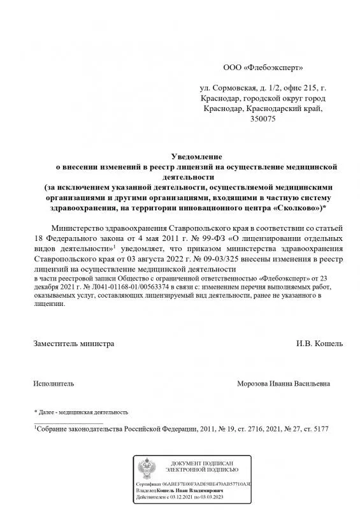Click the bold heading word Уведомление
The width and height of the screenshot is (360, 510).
198,156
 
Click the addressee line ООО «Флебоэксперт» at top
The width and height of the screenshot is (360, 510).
263,66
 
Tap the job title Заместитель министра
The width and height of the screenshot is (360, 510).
74,344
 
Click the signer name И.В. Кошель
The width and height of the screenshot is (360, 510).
319,344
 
